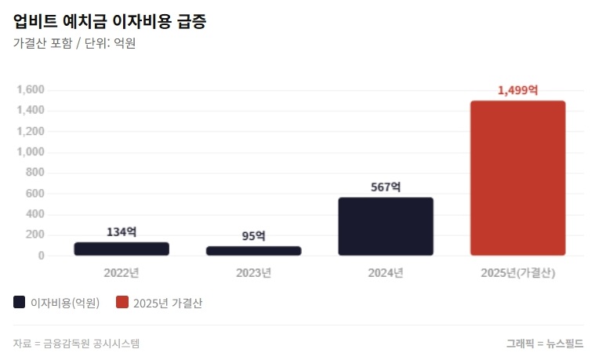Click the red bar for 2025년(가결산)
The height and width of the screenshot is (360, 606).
517,178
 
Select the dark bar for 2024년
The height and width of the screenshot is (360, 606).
386,226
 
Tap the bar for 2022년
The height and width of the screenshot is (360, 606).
122,249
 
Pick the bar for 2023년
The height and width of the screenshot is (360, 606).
253,251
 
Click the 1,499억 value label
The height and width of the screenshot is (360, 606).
517,90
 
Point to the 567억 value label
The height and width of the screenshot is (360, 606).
386,187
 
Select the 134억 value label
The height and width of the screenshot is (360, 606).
122,232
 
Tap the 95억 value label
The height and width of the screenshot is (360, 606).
253,236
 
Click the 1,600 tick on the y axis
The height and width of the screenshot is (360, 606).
31,90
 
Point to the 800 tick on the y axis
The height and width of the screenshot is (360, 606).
36,173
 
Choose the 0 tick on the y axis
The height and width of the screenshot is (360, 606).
42,256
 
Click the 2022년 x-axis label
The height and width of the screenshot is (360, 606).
122,273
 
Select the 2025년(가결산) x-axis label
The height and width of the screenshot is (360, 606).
517,273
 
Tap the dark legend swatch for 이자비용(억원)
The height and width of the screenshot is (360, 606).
20,302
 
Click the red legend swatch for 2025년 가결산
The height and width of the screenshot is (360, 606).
122,302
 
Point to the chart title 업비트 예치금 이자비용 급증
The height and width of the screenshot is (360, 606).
111,20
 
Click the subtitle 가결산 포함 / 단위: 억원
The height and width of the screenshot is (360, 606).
74,44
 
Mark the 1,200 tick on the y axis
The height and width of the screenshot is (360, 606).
31,132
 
